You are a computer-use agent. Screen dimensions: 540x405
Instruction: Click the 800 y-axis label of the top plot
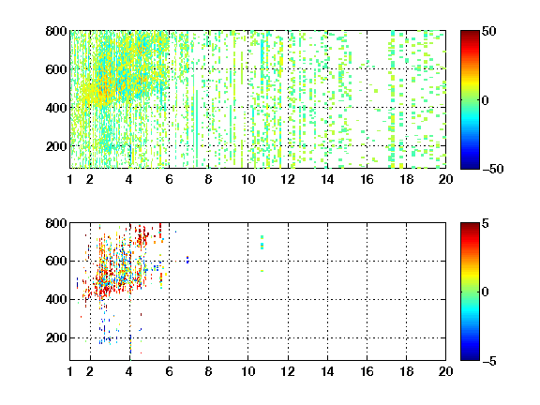point(56,31)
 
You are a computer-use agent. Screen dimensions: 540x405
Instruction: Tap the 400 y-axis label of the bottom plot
point(56,299)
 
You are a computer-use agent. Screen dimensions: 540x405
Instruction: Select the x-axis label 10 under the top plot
point(247,179)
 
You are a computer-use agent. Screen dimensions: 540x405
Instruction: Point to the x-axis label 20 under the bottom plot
point(445,371)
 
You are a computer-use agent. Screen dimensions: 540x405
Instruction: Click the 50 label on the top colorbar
point(489,31)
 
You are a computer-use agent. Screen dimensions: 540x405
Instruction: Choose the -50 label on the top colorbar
point(492,169)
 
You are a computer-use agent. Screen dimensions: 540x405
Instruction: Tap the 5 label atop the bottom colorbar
point(486,223)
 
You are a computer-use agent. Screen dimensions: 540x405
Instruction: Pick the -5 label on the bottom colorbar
point(489,361)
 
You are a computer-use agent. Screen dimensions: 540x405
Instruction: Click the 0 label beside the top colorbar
point(486,100)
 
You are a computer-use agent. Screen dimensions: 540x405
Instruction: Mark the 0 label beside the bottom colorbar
point(486,292)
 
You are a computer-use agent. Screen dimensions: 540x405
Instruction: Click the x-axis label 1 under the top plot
point(70,179)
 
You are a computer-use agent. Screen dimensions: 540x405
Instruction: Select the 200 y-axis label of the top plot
point(56,146)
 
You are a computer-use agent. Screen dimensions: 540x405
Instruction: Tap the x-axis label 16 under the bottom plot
point(367,371)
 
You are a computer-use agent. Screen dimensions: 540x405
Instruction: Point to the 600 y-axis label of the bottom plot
point(56,261)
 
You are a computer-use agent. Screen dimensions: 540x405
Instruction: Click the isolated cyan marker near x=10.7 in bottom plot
point(262,244)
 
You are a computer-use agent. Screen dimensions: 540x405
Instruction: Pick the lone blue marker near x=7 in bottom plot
point(187,260)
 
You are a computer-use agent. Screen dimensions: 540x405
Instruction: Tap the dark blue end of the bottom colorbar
point(470,357)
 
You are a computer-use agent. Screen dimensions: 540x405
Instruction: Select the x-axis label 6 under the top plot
point(169,179)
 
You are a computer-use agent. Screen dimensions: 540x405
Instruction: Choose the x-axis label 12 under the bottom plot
point(288,371)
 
